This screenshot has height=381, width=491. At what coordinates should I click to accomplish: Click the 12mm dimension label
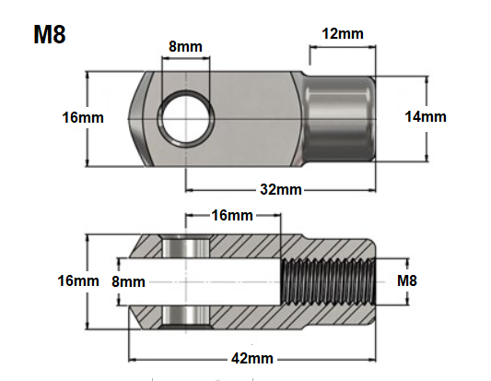(340, 34)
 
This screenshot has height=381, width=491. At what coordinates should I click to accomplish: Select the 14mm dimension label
(426, 116)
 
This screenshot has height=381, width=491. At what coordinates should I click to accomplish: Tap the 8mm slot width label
(127, 280)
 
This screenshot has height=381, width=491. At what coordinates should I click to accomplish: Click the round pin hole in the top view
(182, 117)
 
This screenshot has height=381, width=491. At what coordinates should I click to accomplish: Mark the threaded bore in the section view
(330, 280)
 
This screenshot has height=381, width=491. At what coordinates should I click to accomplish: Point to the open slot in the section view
(221, 280)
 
